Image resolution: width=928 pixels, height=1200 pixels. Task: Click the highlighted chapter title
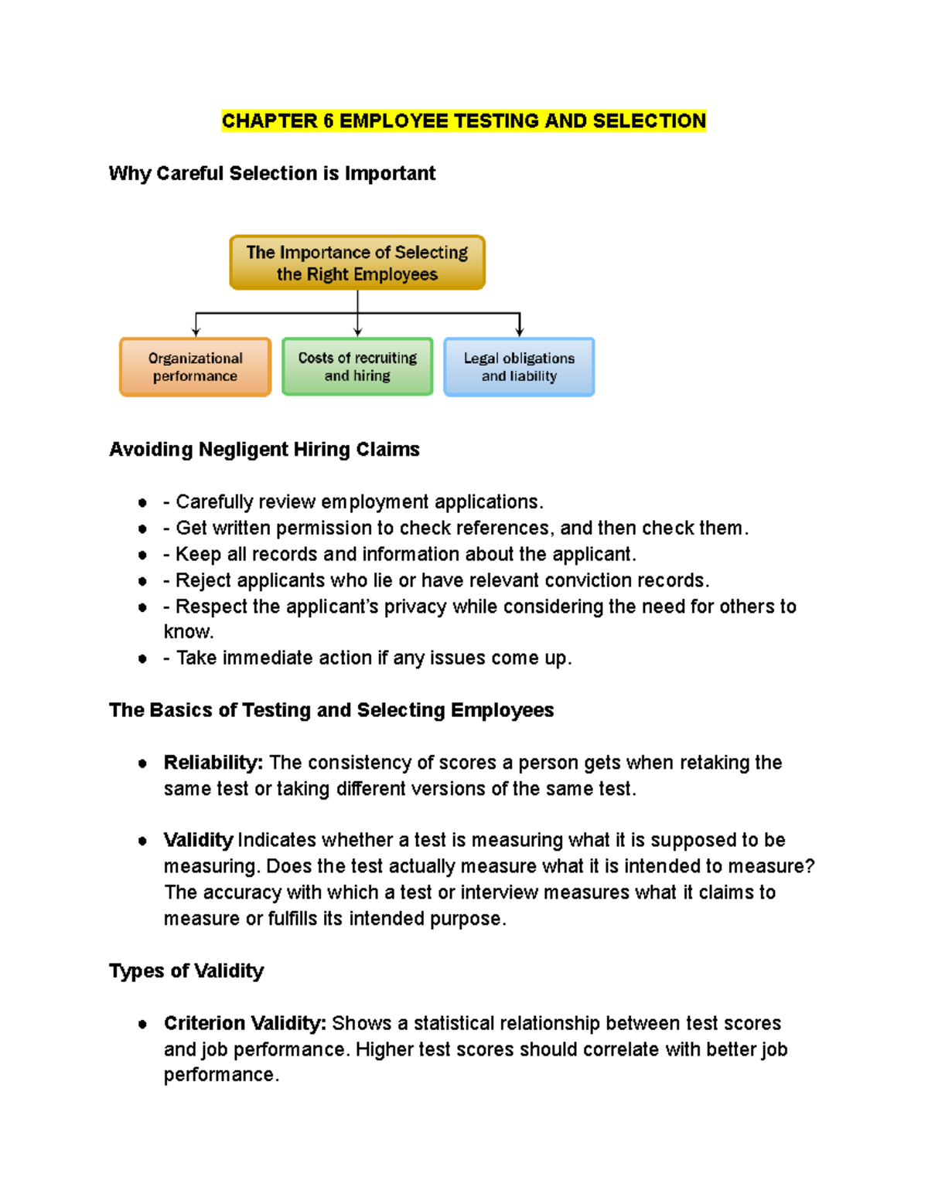pyautogui.click(x=463, y=121)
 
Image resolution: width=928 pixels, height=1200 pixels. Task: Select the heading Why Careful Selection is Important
pyautogui.click(x=271, y=173)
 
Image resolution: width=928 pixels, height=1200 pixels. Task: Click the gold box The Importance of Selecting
pyautogui.click(x=357, y=263)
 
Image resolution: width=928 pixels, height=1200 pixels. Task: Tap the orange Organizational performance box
pyautogui.click(x=195, y=367)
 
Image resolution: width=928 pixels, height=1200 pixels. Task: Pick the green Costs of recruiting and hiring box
pyautogui.click(x=357, y=367)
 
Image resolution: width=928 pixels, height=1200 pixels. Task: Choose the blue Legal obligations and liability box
pyautogui.click(x=519, y=367)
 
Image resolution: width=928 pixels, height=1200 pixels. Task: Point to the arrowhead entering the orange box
pyautogui.click(x=196, y=332)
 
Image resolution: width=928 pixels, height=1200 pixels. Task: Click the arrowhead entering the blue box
pyautogui.click(x=520, y=332)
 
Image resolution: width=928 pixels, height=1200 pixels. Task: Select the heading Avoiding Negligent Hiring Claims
pyautogui.click(x=264, y=450)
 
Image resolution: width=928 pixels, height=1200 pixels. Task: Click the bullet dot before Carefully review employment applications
pyautogui.click(x=142, y=503)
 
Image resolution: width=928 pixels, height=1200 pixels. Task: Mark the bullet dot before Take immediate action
pyautogui.click(x=142, y=659)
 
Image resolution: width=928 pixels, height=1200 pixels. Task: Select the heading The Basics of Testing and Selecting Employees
pyautogui.click(x=331, y=710)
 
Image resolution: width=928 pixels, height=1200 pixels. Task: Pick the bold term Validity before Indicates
pyautogui.click(x=198, y=840)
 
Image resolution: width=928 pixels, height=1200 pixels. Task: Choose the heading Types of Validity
pyautogui.click(x=186, y=971)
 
